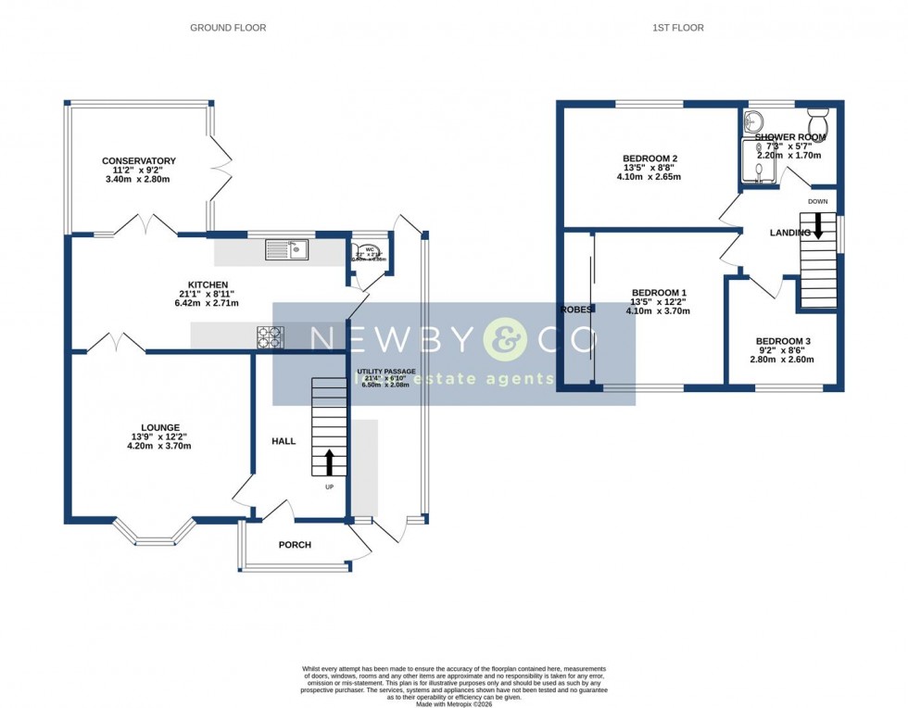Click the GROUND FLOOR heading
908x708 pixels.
point(228,28)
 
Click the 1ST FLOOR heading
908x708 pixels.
point(677,28)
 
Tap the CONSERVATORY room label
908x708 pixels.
point(139,161)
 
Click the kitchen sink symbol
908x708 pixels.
point(286,248)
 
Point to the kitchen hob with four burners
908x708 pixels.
point(271,337)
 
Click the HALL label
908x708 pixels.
point(284,441)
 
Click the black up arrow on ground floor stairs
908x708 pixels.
point(329,461)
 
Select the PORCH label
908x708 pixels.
point(295,545)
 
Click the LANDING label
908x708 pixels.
point(789,233)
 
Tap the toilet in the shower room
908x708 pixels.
point(817,121)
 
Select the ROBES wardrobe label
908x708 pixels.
point(574,310)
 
